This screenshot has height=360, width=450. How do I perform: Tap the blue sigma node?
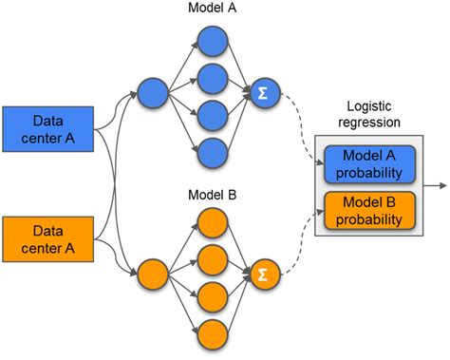[259, 93]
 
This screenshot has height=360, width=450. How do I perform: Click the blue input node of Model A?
[151, 93]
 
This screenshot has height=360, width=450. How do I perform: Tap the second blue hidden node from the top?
[210, 76]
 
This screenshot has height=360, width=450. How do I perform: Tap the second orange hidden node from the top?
[210, 258]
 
